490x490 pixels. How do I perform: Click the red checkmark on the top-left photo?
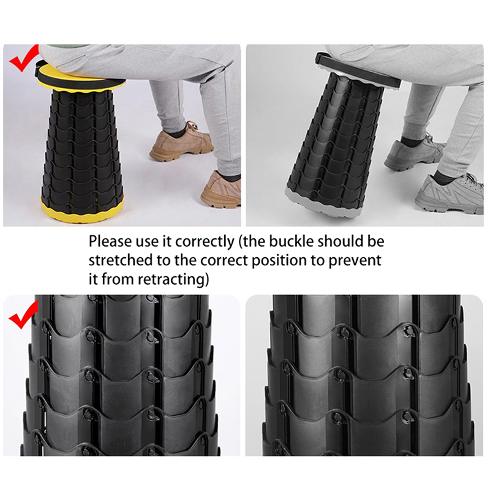tap(23, 59)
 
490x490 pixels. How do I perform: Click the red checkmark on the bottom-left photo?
tap(23, 315)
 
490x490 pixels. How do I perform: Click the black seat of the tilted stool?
tap(358, 70)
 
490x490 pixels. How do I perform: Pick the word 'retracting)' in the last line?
tap(173, 279)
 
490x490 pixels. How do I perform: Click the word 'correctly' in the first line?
tap(205, 242)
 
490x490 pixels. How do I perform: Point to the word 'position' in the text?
tap(279, 261)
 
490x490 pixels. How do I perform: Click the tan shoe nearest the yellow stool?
tap(181, 142)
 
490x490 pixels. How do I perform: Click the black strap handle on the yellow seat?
tap(38, 69)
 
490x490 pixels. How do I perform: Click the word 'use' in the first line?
tap(146, 243)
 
